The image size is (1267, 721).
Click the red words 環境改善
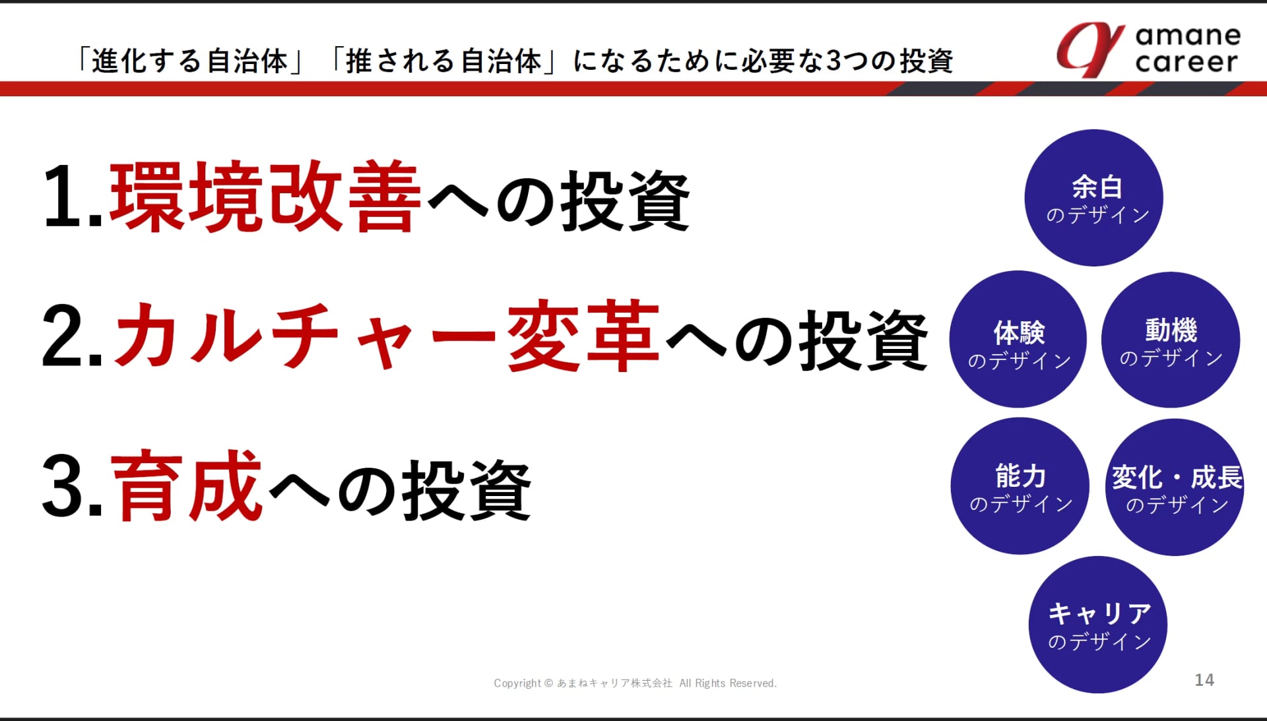click(x=265, y=197)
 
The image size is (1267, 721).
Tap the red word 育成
click(x=187, y=486)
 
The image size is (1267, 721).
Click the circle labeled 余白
click(x=1093, y=198)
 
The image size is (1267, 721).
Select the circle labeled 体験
click(x=1018, y=339)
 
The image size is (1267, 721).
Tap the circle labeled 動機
click(x=1171, y=339)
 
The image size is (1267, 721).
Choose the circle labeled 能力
click(x=1020, y=486)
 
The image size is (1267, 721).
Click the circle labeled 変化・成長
click(x=1175, y=487)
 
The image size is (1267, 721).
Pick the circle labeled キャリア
click(x=1098, y=625)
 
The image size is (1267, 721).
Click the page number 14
click(x=1204, y=680)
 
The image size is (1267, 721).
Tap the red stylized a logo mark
click(x=1090, y=49)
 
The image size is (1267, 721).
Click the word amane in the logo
click(x=1188, y=35)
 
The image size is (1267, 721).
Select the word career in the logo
click(x=1186, y=62)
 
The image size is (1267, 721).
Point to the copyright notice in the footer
click(x=635, y=683)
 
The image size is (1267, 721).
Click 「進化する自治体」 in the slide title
click(x=189, y=61)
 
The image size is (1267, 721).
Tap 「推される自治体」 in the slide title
click(x=443, y=61)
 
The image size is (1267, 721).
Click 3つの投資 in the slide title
click(x=890, y=61)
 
